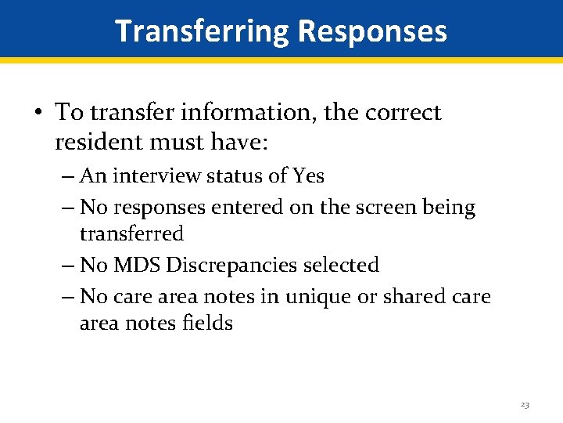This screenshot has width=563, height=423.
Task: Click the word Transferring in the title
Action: pos(202,31)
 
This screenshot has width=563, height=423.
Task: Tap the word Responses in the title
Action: pos(372,31)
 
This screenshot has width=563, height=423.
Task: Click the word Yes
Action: pos(308,175)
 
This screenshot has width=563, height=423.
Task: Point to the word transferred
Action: pos(131,233)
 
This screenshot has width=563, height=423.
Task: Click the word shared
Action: pos(400,298)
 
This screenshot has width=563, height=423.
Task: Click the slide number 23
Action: pos(525,405)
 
